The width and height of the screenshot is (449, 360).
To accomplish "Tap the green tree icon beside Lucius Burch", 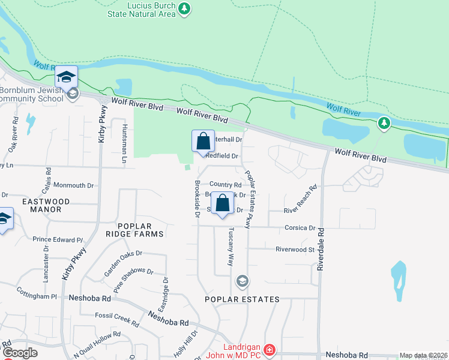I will pyautogui.click(x=185, y=8).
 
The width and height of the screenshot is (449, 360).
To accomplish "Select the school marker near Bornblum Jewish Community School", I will pyautogui.click(x=67, y=77).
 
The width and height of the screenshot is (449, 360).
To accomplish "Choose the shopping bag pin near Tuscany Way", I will pyautogui.click(x=222, y=203).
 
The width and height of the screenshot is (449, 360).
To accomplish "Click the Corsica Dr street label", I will pyautogui.click(x=304, y=228).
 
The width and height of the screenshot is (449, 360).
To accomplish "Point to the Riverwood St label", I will pyautogui.click(x=295, y=249).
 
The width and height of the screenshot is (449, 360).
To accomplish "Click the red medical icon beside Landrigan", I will pyautogui.click(x=270, y=349).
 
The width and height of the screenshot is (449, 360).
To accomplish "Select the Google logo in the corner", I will pyautogui.click(x=20, y=353).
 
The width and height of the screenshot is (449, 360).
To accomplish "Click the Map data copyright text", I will pyautogui.click(x=423, y=355).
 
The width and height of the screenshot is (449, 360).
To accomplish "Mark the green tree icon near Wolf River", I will pyautogui.click(x=384, y=124).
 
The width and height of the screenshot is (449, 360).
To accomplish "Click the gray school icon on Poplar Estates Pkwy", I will pyautogui.click(x=242, y=281).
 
